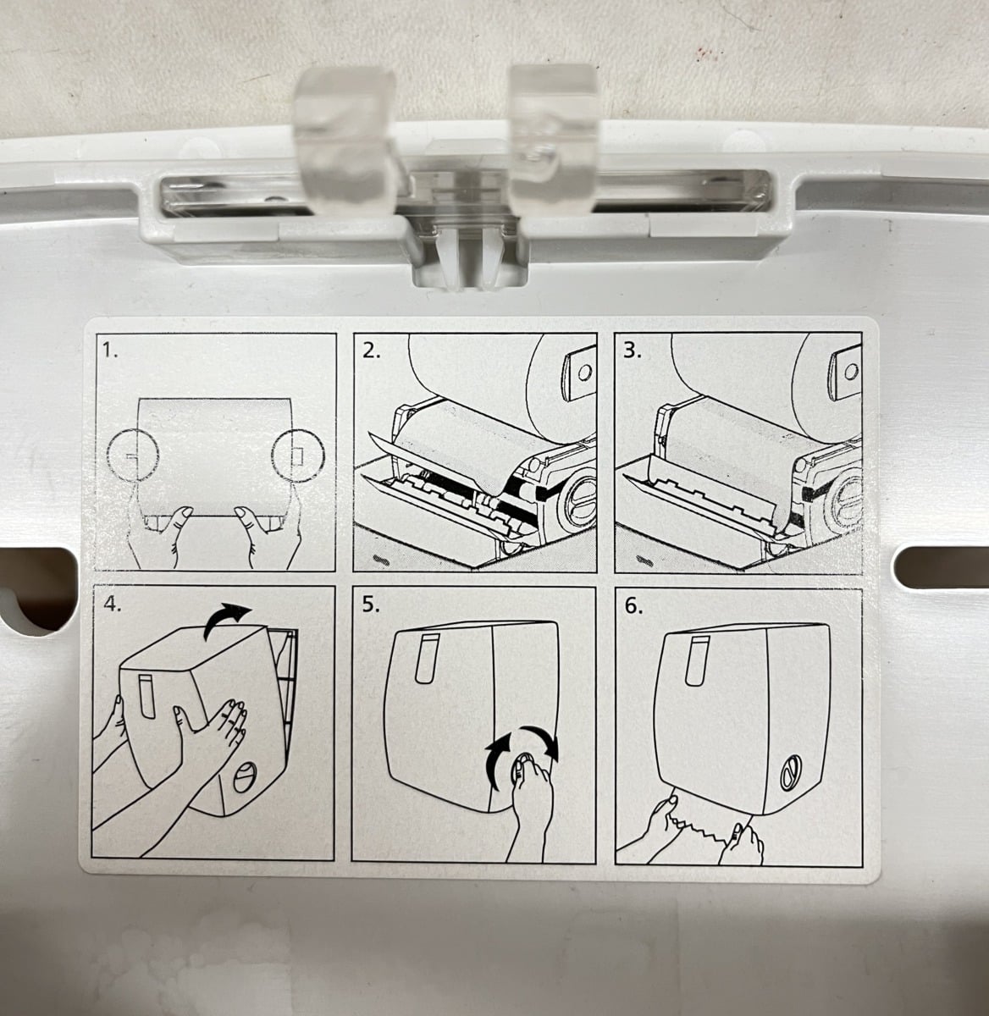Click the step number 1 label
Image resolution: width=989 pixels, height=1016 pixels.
[x=110, y=350]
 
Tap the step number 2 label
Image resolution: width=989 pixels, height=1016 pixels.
[x=371, y=351]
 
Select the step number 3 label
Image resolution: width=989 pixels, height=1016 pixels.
[x=633, y=351]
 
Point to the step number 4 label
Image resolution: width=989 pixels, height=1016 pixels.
[x=113, y=604]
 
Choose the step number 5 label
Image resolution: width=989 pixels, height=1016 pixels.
[x=371, y=605]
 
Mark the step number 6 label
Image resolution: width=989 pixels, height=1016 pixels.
[x=634, y=606]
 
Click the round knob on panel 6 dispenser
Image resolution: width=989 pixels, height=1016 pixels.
[x=791, y=772]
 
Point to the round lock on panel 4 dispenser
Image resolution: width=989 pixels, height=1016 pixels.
[x=244, y=777]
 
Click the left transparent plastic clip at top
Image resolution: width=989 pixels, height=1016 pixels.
[x=345, y=141]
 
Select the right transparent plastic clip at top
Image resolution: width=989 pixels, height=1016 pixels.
[x=555, y=138]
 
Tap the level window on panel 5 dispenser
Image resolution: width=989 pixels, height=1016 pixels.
[x=427, y=659]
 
